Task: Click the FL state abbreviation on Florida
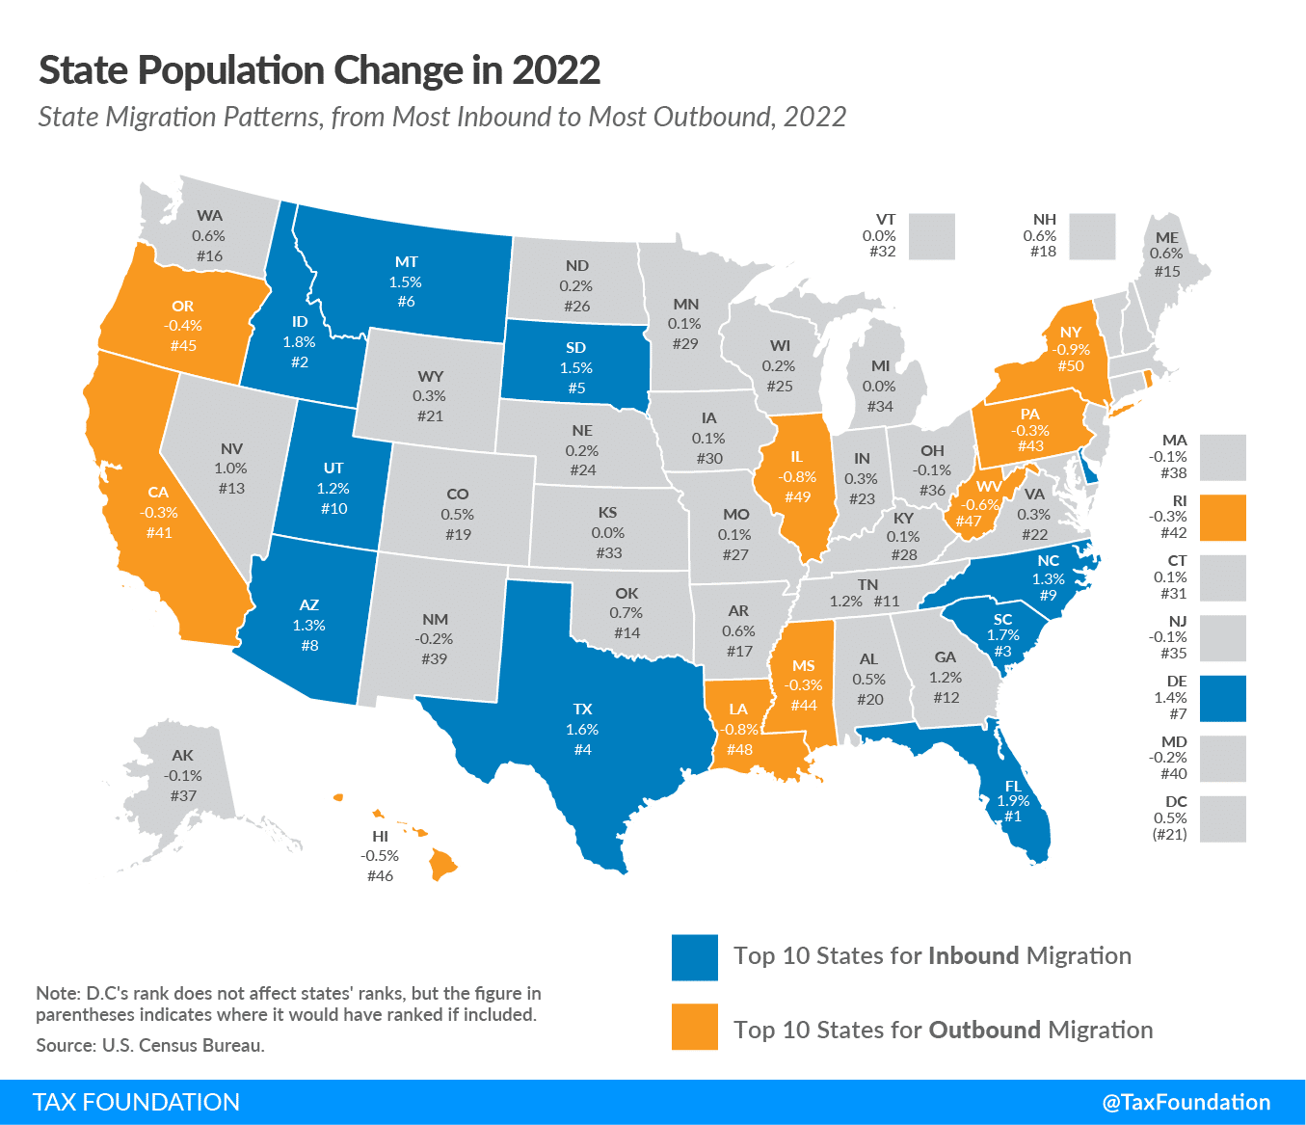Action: [1013, 786]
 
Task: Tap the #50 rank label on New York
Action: [1070, 366]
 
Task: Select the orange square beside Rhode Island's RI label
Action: [1223, 518]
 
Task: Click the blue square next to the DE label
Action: [1223, 698]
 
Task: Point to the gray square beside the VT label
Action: [931, 236]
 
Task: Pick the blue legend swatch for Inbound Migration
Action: [695, 957]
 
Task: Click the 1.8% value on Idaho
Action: [299, 342]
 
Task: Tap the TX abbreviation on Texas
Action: [582, 710]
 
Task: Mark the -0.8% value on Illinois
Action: [797, 477]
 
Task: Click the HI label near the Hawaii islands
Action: [380, 837]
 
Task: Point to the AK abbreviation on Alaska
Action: [182, 756]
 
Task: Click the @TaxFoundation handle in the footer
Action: [1186, 1102]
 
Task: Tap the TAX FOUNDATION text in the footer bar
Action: [136, 1102]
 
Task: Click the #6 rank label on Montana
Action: [406, 302]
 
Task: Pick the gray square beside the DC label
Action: [1223, 818]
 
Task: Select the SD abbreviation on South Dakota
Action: [575, 348]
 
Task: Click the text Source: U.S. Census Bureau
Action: [150, 1045]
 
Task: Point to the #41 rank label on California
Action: [158, 532]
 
